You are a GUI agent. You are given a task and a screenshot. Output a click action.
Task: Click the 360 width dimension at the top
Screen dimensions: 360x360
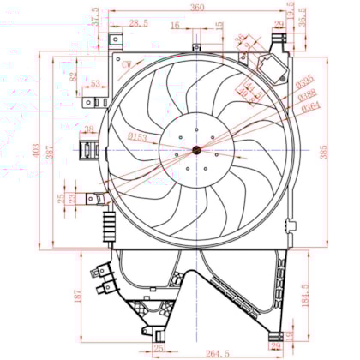tap(199, 8)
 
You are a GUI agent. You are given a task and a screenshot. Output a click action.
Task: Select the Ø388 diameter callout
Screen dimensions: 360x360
tap(309, 96)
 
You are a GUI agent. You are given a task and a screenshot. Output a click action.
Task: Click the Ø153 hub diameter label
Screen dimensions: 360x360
tap(137, 138)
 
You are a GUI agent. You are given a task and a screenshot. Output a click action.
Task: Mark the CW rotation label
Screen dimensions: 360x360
tap(127, 64)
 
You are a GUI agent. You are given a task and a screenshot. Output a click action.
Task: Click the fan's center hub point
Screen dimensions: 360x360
tap(196, 150)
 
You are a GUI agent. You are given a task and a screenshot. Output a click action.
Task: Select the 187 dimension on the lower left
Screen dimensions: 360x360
tap(78, 296)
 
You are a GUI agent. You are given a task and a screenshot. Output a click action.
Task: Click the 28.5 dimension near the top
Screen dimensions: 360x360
tap(137, 23)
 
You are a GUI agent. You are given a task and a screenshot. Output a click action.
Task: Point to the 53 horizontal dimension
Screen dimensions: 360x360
tap(95, 84)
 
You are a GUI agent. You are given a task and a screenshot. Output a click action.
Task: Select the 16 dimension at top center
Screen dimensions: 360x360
tap(175, 26)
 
